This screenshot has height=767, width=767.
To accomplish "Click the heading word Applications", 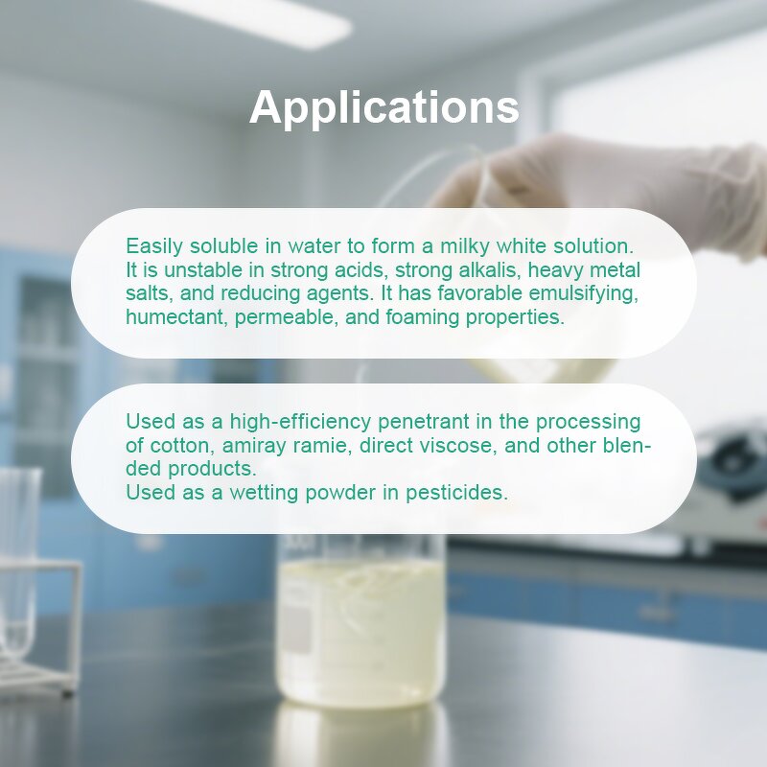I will tap(383, 107).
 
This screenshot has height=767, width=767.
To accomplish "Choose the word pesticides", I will tap(456, 493).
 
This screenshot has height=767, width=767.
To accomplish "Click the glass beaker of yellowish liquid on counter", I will tap(361, 633).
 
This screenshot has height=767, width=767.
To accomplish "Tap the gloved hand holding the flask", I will tap(623, 182).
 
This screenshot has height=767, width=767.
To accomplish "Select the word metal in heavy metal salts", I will tap(614, 270).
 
